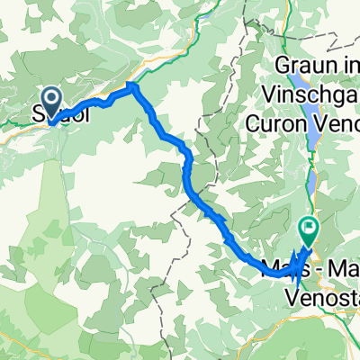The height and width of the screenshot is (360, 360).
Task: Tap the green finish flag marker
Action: [x=309, y=229]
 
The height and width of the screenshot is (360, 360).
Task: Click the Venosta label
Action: [x=320, y=288]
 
